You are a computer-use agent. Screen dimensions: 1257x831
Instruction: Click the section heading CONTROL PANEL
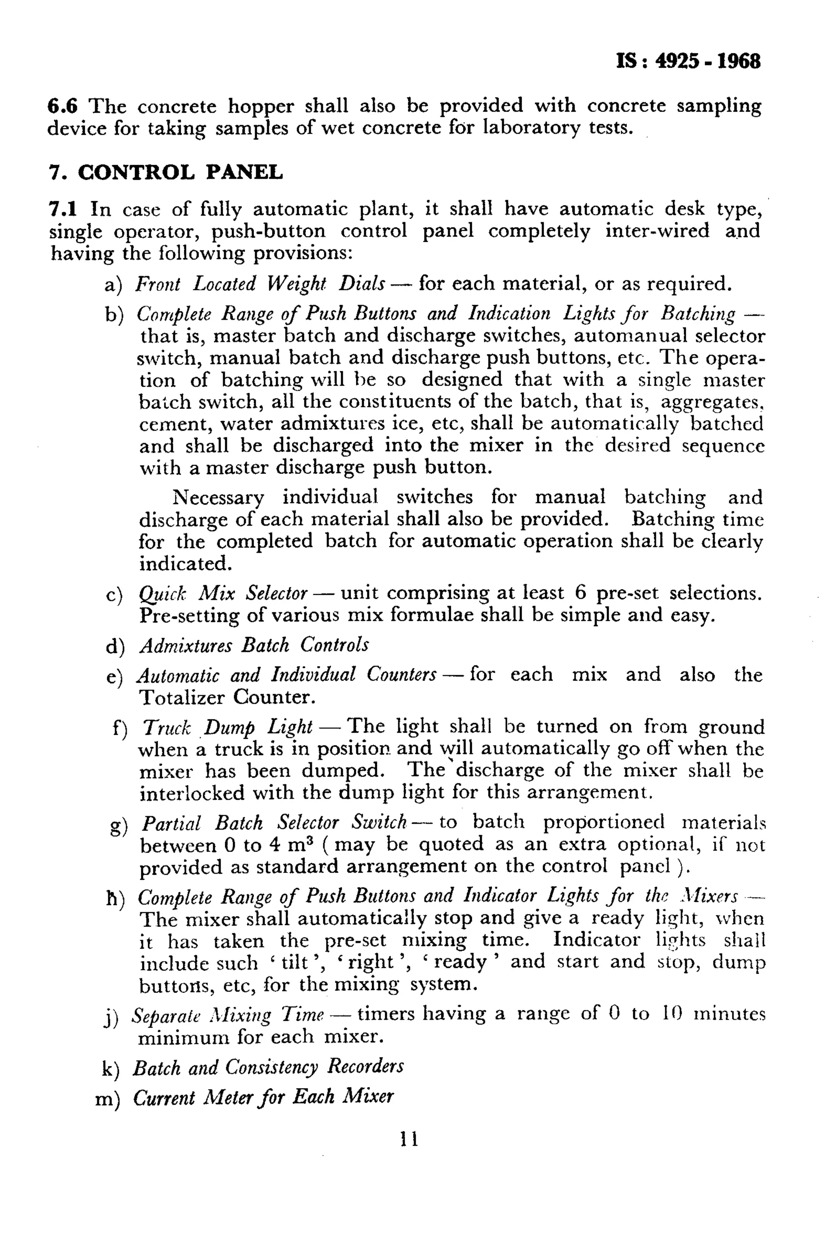(180, 172)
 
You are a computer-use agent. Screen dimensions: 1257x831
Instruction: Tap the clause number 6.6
(62, 106)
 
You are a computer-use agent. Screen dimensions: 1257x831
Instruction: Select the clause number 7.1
(63, 209)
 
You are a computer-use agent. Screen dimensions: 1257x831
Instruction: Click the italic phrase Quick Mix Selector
(223, 592)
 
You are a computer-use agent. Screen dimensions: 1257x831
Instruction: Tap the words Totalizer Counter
(227, 697)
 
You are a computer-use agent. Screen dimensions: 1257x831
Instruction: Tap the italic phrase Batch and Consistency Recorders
(268, 1066)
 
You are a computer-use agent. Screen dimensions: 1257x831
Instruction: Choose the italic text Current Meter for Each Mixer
(263, 1096)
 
